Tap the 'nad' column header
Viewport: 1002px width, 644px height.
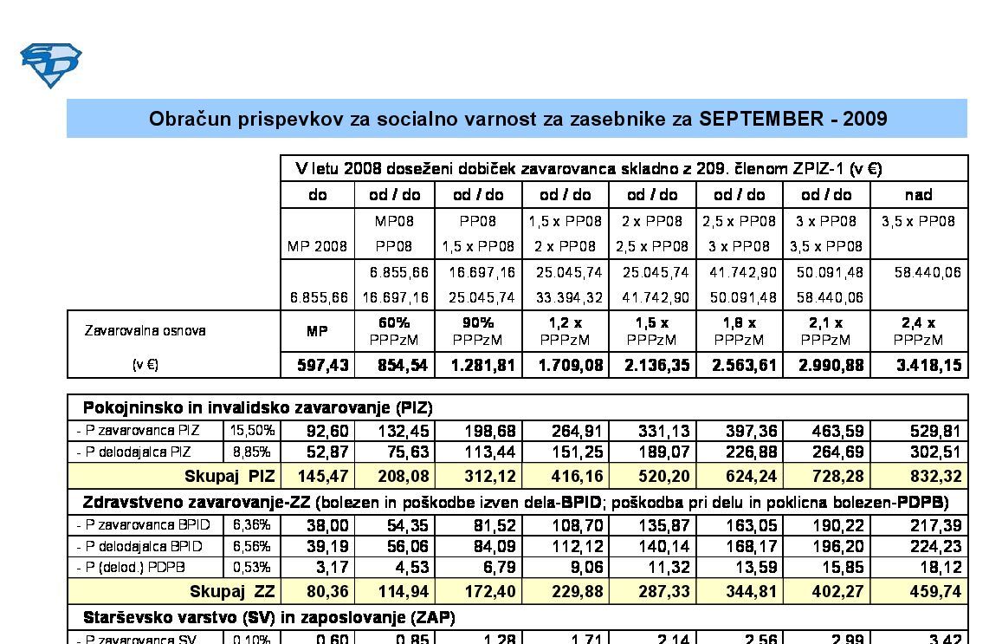(918, 195)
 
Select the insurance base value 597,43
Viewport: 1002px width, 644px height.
(317, 365)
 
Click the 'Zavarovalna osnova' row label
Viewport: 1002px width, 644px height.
(145, 330)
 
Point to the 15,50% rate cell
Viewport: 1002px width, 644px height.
(252, 430)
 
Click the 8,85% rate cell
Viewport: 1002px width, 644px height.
(252, 452)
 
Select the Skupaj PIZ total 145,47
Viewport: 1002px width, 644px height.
(317, 476)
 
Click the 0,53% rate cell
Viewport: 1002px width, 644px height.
(252, 568)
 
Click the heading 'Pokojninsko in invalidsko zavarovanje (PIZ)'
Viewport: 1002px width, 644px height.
(257, 407)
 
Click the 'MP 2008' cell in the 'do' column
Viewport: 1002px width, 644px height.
(317, 247)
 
